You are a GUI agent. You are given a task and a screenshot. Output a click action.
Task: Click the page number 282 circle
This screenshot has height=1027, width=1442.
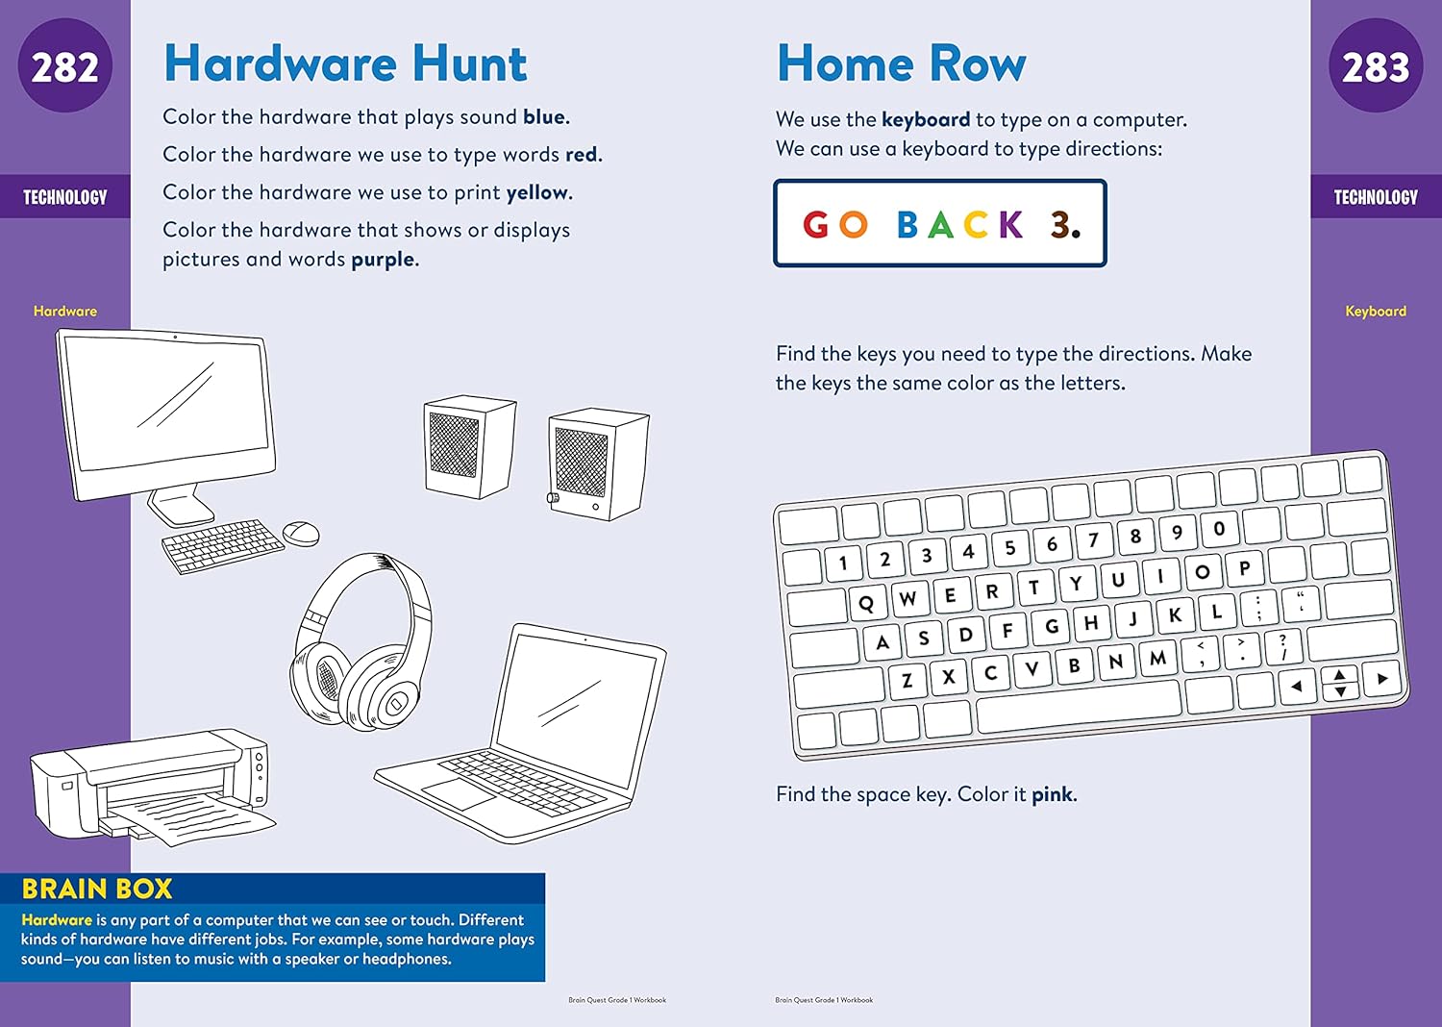pyautogui.click(x=64, y=66)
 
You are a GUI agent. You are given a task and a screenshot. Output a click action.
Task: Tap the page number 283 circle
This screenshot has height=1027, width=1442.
pyautogui.click(x=1376, y=66)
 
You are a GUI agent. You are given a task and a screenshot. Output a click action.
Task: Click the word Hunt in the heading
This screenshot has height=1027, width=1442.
pyautogui.click(x=469, y=64)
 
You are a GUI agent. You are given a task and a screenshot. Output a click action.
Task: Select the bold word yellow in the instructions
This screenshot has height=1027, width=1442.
pyautogui.click(x=537, y=192)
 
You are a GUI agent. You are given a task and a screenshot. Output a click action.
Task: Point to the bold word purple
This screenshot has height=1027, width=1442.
pyautogui.click(x=383, y=260)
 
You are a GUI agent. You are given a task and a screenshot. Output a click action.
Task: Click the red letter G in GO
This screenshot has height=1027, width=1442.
pyautogui.click(x=816, y=225)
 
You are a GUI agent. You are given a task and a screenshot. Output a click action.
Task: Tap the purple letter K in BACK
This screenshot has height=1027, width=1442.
pyautogui.click(x=1010, y=225)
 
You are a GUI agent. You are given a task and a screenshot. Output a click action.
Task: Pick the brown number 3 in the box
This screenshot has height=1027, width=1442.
pyautogui.click(x=1061, y=225)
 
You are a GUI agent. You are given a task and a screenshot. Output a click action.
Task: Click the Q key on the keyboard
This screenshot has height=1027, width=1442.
pyautogui.click(x=866, y=603)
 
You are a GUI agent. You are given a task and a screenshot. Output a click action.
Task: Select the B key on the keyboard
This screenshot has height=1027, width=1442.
pyautogui.click(x=1074, y=664)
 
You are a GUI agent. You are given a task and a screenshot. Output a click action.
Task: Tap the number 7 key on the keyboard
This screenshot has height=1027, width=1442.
pyautogui.click(x=1093, y=539)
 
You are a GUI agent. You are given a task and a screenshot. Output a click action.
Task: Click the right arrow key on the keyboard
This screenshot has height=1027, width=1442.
pyautogui.click(x=1382, y=679)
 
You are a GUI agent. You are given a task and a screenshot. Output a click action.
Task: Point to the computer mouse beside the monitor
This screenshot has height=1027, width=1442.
pyautogui.click(x=301, y=533)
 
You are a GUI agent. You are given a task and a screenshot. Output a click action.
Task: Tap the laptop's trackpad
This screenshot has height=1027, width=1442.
pyautogui.click(x=459, y=793)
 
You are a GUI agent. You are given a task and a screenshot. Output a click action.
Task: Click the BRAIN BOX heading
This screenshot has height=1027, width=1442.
pyautogui.click(x=97, y=889)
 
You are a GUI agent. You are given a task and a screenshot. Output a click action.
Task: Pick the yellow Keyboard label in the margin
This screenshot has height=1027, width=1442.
pyautogui.click(x=1375, y=311)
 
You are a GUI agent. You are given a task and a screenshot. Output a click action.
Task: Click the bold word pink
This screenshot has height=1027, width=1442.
pyautogui.click(x=1053, y=794)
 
